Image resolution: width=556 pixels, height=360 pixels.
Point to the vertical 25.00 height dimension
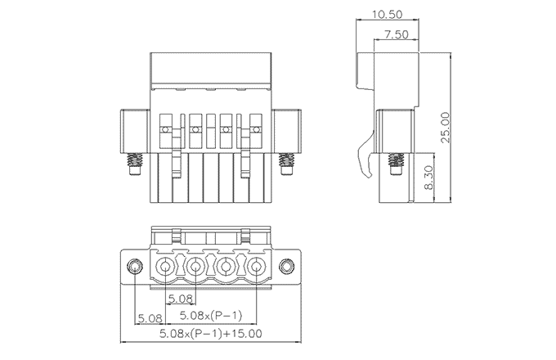point(446,127)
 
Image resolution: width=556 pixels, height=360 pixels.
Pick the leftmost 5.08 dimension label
point(150,316)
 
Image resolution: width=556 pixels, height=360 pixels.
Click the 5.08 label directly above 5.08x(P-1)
point(180,299)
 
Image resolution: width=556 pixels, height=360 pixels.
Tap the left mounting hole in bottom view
point(136,267)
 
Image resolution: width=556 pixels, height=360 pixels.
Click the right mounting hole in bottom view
point(286,267)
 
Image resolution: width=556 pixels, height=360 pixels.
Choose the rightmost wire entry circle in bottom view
point(257,267)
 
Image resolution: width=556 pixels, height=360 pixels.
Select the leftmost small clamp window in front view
point(165,129)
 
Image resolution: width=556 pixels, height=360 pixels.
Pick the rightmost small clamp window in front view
point(256,129)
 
